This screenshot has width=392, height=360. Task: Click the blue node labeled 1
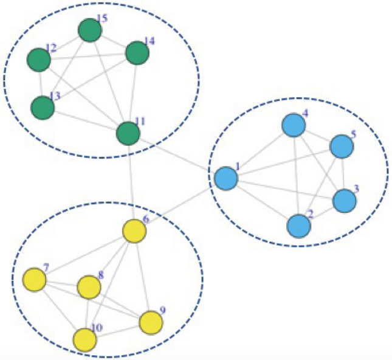pyautogui.click(x=225, y=178)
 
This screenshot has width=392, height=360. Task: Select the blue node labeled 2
pyautogui.click(x=298, y=226)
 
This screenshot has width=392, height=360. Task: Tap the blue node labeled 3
pyautogui.click(x=345, y=201)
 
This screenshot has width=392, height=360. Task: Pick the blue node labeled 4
pyautogui.click(x=294, y=125)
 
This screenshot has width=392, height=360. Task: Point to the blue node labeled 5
pyautogui.click(x=341, y=147)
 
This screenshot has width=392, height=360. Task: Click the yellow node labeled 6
pyautogui.click(x=134, y=231)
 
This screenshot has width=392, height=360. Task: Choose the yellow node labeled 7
pyautogui.click(x=34, y=280)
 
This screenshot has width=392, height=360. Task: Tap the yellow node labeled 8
pyautogui.click(x=89, y=287)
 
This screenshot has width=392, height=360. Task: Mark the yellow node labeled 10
pyautogui.click(x=84, y=340)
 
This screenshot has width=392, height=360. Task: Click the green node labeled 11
pyautogui.click(x=128, y=134)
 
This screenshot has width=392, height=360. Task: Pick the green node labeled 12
pyautogui.click(x=39, y=60)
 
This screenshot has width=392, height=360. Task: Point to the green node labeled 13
pyautogui.click(x=43, y=108)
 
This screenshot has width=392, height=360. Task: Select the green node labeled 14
pyautogui.click(x=137, y=54)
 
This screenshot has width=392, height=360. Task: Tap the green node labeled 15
pyautogui.click(x=89, y=30)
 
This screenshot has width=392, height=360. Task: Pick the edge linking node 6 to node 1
pyautogui.click(x=179, y=205)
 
